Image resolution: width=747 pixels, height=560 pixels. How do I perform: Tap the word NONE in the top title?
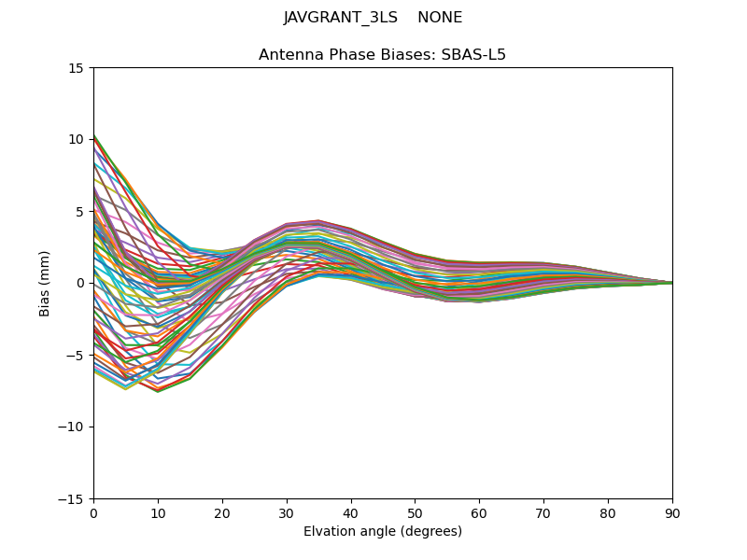pyautogui.click(x=440, y=18)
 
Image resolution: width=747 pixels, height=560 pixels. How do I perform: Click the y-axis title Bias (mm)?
pyautogui.click(x=45, y=283)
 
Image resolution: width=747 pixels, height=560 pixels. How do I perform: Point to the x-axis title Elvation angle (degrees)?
pyautogui.click(x=383, y=532)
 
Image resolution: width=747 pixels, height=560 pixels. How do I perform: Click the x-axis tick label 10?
pyautogui.click(x=158, y=513)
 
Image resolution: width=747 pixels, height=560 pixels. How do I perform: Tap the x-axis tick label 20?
pyautogui.click(x=222, y=513)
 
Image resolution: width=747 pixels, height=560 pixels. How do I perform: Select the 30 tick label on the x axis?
pyautogui.click(x=287, y=513)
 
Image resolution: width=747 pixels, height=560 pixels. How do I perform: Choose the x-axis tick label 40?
pyautogui.click(x=351, y=513)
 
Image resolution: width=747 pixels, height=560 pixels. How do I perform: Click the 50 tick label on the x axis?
pyautogui.click(x=415, y=513)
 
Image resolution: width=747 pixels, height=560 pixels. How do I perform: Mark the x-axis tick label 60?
pyautogui.click(x=479, y=513)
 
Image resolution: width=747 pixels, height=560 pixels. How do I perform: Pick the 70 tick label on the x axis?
pyautogui.click(x=543, y=513)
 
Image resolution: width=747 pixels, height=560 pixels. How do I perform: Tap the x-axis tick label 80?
pyautogui.click(x=608, y=513)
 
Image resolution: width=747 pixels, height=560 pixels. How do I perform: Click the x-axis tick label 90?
pyautogui.click(x=672, y=513)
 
